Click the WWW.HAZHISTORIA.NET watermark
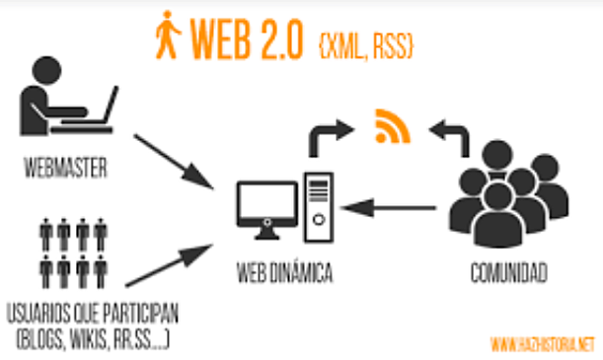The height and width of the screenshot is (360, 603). click(x=543, y=344)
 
